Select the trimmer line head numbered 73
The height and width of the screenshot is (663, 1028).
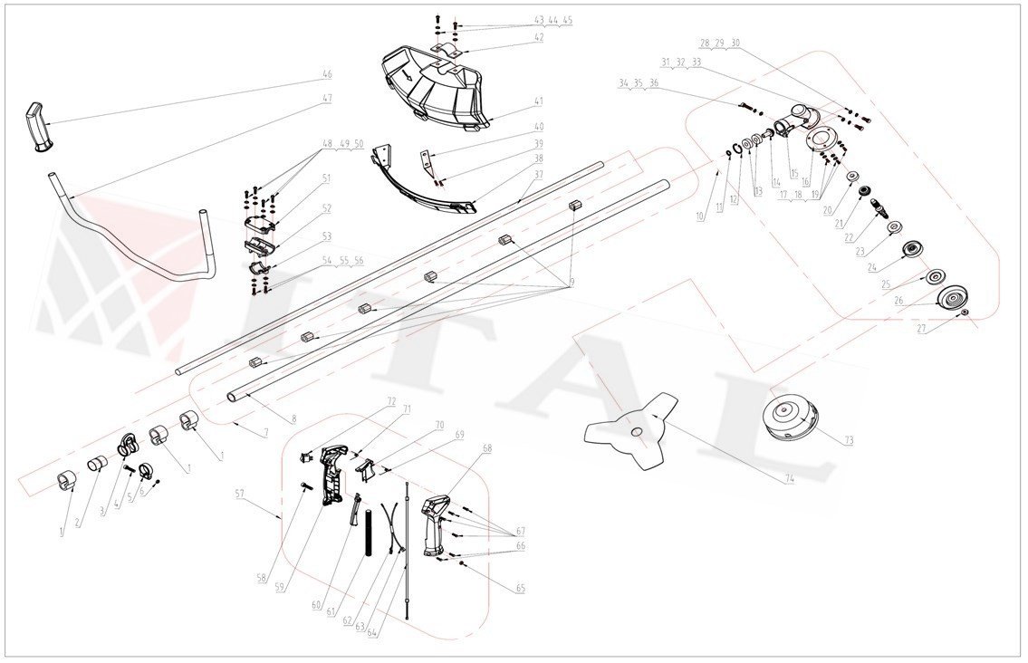791,419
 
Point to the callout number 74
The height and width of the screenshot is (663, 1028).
790,479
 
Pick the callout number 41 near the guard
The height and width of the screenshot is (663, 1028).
538,102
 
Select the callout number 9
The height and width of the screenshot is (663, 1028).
572,283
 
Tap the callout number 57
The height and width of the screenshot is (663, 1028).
239,495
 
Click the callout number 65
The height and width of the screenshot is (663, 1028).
520,589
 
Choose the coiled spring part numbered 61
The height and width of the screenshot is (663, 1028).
369,533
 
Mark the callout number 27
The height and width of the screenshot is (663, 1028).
921,331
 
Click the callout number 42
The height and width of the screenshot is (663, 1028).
538,38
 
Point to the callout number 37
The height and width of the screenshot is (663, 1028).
538,175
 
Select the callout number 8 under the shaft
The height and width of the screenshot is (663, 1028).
293,419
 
